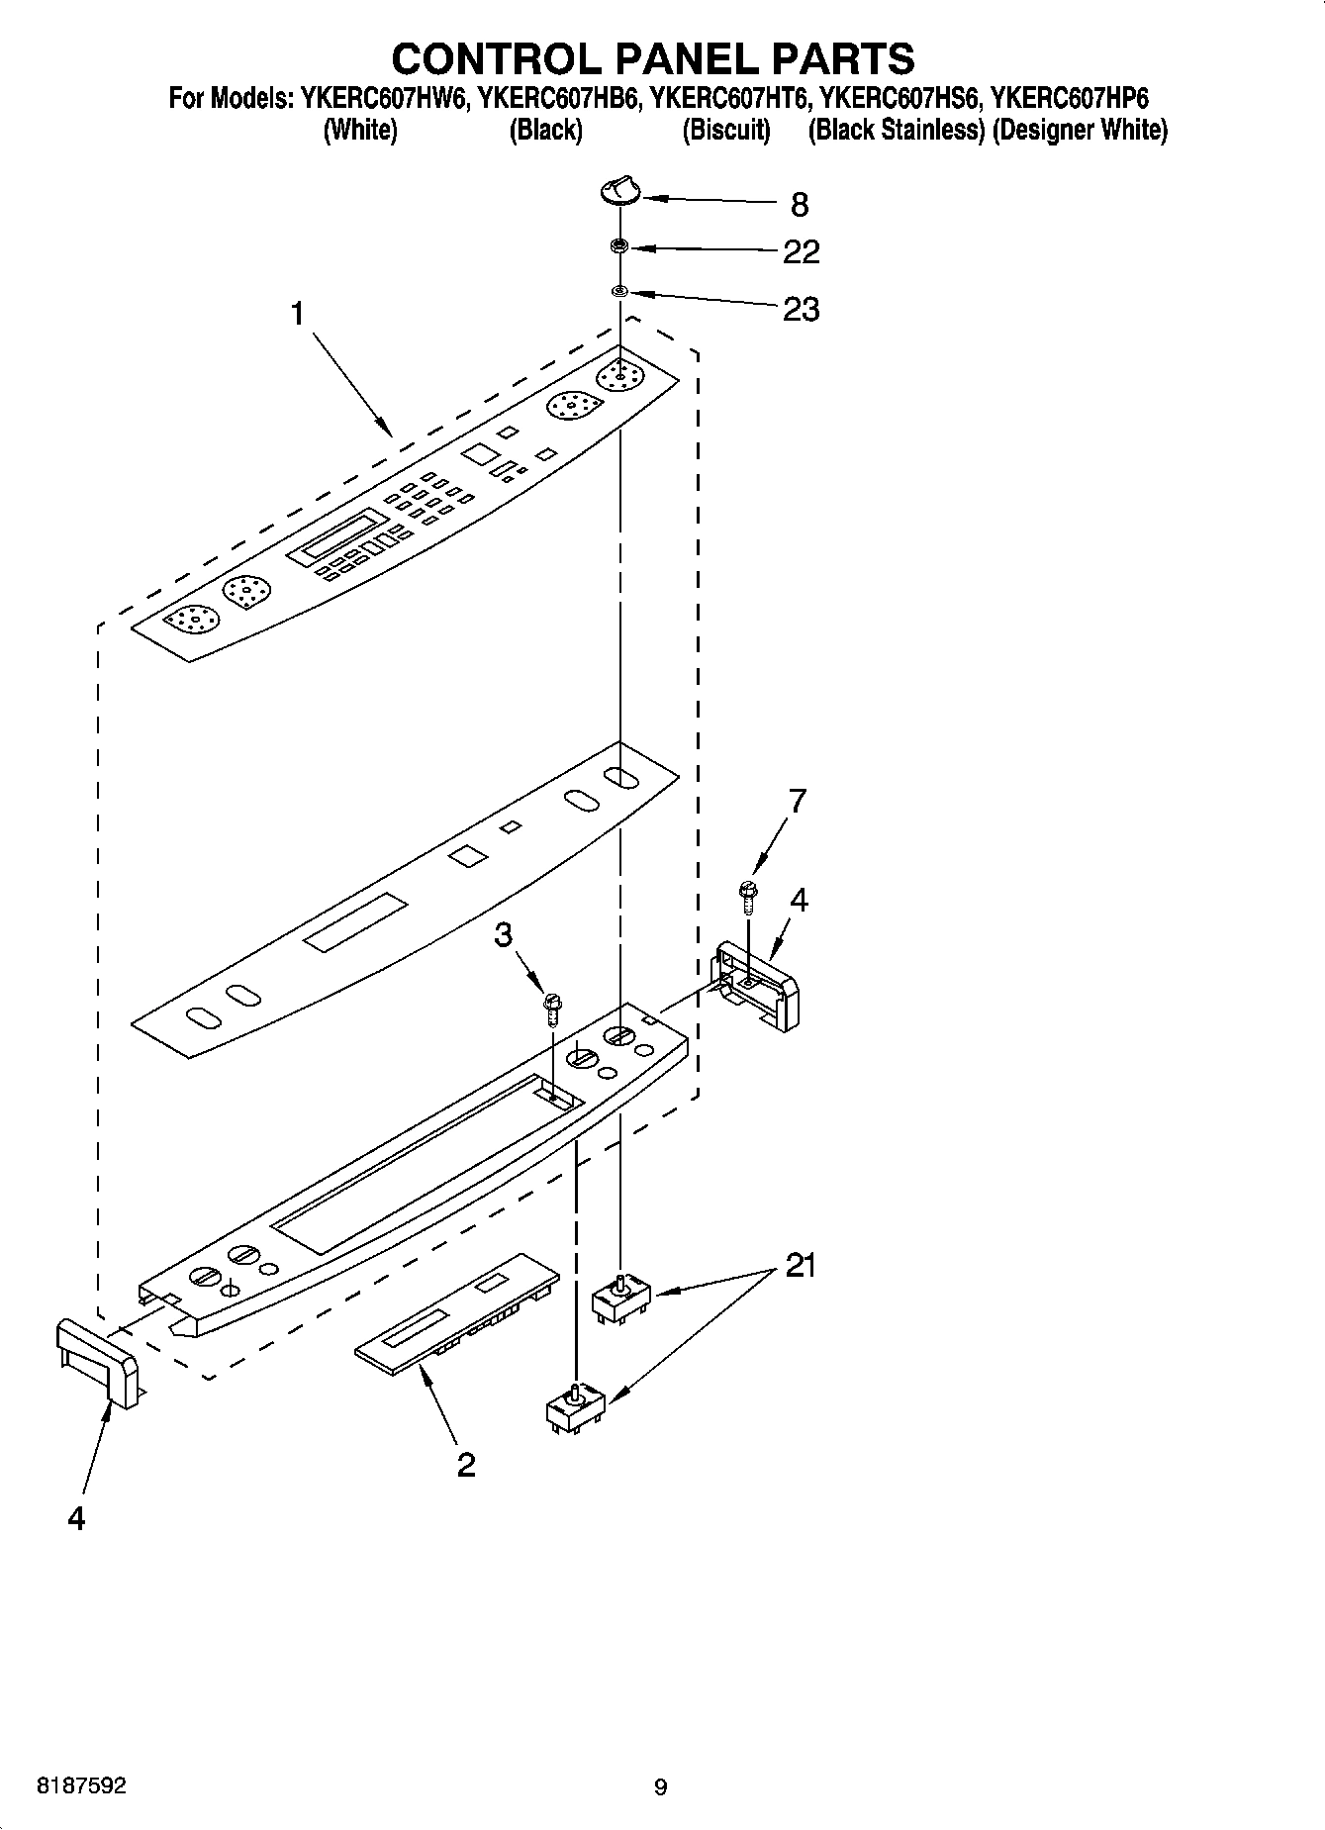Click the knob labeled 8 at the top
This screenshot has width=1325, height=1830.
pos(620,189)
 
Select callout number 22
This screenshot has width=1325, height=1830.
pos(801,252)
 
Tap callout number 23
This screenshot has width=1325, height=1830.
pos(801,310)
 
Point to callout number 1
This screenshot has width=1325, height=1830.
pos(296,315)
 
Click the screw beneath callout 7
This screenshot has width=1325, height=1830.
pos(748,893)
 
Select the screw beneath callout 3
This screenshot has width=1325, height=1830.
pos(553,1011)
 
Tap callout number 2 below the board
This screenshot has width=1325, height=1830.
pos(466,1464)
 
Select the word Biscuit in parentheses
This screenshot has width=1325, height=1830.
pos(726,130)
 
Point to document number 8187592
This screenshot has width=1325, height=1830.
pos(80,1786)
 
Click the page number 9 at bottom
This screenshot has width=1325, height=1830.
pos(661,1787)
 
